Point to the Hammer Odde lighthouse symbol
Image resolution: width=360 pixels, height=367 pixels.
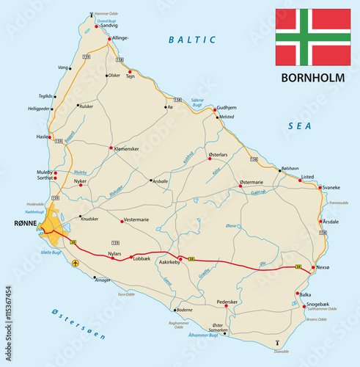(x=92, y=14)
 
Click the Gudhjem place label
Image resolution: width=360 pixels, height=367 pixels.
(x=229, y=106)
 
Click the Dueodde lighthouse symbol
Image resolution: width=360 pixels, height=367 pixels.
(x=277, y=343)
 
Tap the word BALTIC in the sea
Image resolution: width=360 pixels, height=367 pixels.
(x=192, y=39)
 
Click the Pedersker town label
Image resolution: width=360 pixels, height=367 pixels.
(x=229, y=302)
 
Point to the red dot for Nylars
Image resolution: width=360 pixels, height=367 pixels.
(x=111, y=258)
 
